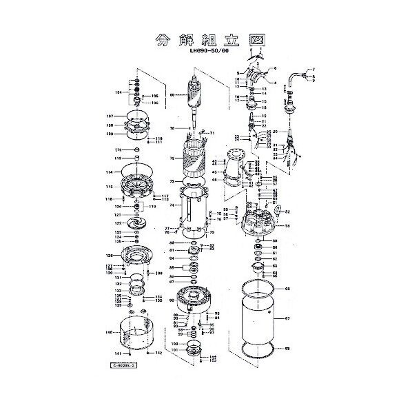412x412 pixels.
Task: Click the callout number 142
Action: click(x=158, y=353)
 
